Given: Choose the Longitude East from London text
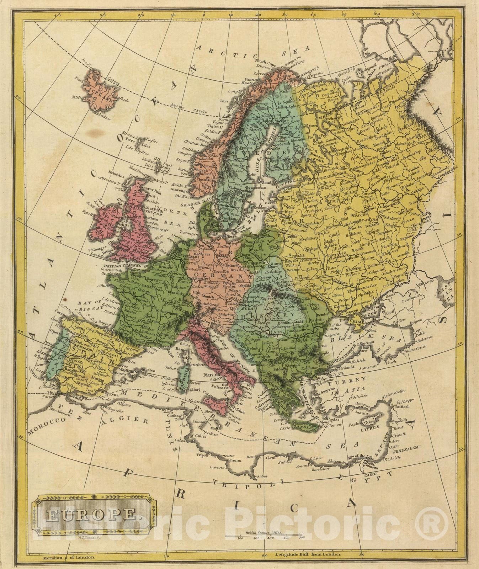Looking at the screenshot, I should pyautogui.click(x=308, y=554).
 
